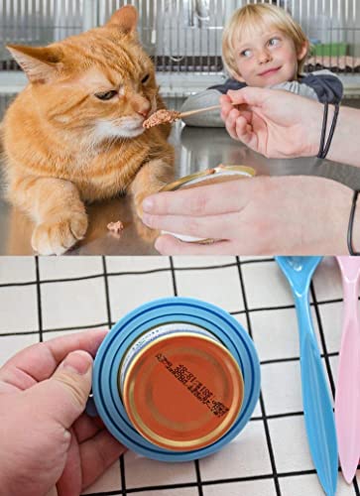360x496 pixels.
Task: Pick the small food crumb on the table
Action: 115,227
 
